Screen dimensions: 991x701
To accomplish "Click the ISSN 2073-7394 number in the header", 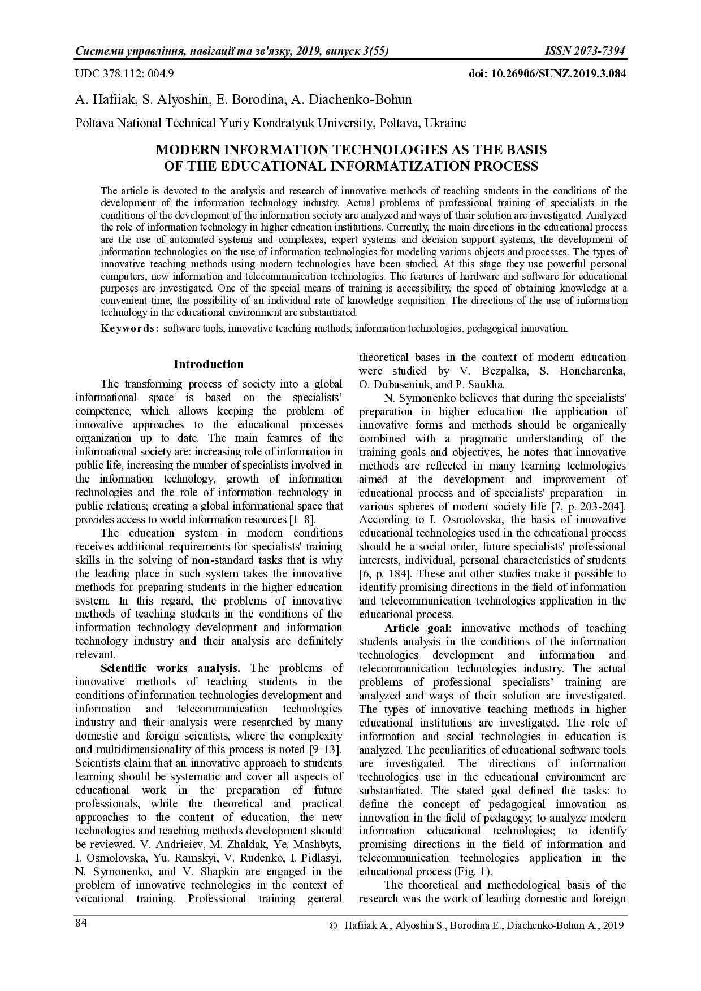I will point(585,51).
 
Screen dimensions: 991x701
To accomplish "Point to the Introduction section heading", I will point(209,364).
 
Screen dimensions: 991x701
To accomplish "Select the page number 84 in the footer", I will point(81,923).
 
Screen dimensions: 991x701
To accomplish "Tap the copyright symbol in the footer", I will point(332,925).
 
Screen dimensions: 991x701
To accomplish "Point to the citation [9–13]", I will point(326,749).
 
